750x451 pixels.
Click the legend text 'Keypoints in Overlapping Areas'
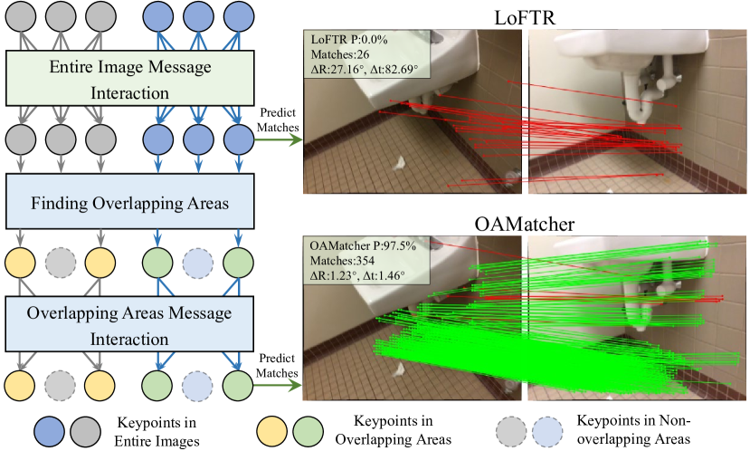pos(391,428)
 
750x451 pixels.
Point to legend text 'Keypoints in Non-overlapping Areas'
pos(633,428)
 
